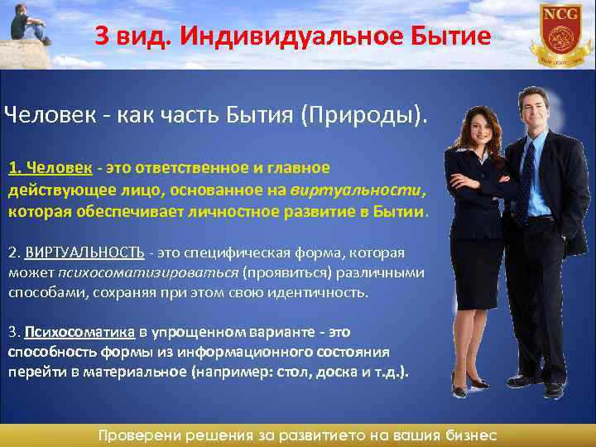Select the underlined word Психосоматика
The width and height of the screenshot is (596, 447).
(x=79, y=332)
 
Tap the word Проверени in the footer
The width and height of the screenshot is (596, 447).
(x=138, y=435)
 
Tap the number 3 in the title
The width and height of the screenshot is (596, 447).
(x=100, y=36)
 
